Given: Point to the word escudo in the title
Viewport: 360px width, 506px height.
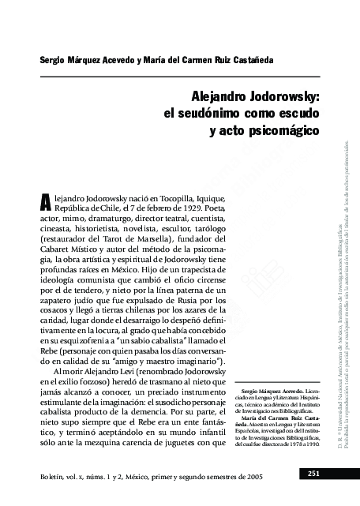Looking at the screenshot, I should tap(276, 113).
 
